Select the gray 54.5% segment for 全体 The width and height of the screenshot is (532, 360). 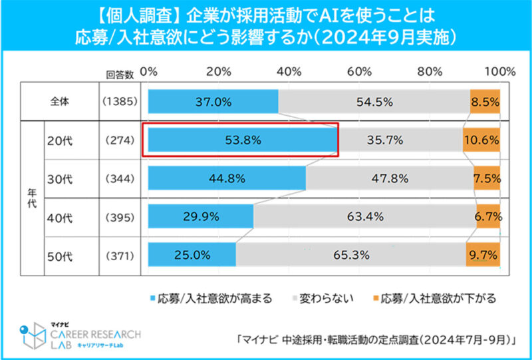click(x=374, y=102)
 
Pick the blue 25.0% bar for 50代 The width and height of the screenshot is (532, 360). click(x=192, y=256)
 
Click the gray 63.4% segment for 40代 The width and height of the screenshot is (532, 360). click(x=364, y=216)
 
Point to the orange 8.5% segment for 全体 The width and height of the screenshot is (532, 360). click(x=485, y=102)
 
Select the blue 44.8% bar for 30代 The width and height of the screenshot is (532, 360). click(x=227, y=178)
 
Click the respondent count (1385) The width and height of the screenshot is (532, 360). click(x=120, y=102)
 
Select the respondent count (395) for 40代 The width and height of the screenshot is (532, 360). click(x=120, y=217)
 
